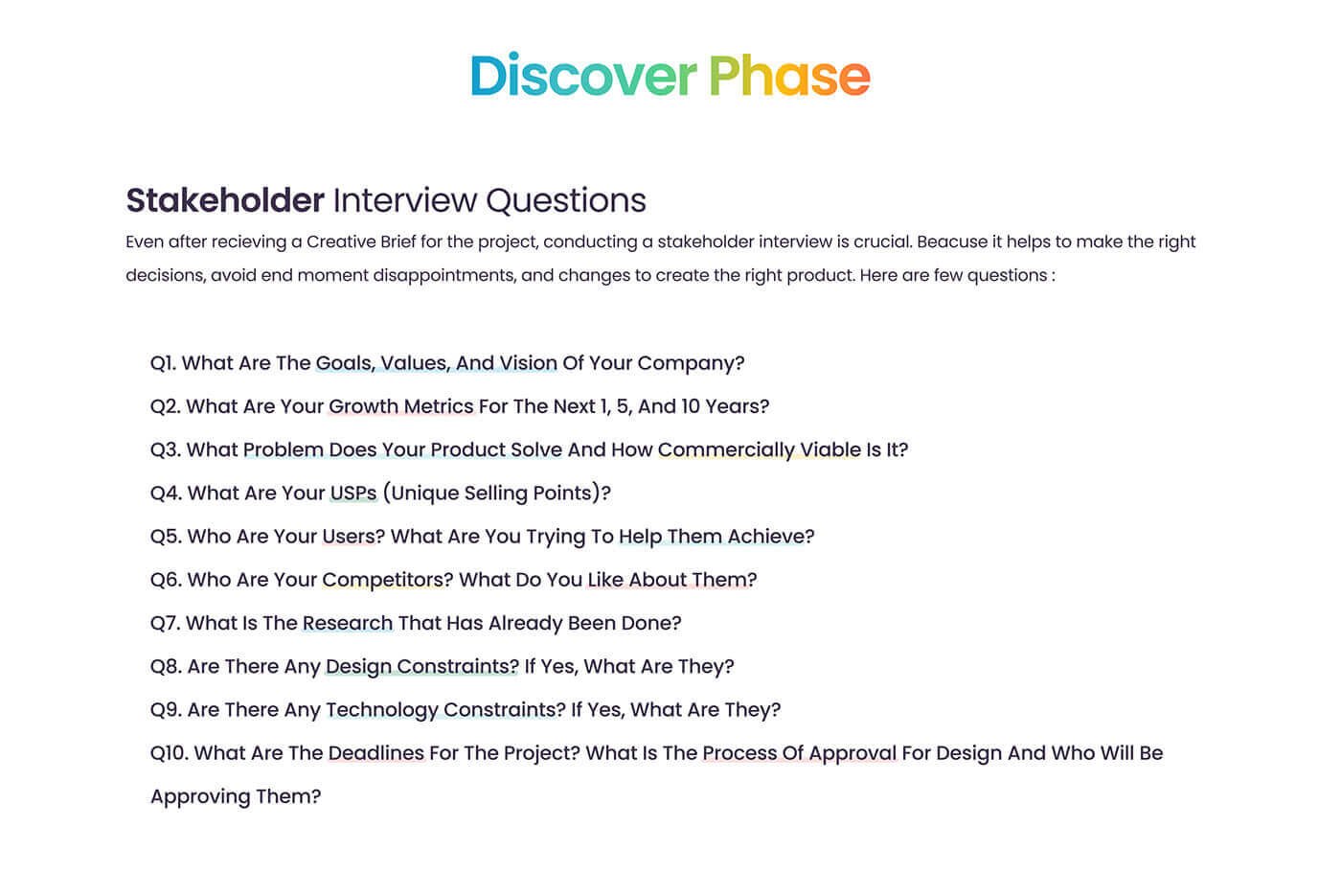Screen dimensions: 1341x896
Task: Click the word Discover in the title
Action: tap(583, 76)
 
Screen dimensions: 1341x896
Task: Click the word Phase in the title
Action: tap(789, 76)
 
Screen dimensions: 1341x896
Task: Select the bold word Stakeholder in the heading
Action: tap(225, 200)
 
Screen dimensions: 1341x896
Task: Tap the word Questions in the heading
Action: tap(566, 200)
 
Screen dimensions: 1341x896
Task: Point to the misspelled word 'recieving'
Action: tap(249, 241)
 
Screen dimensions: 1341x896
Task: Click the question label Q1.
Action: tap(163, 363)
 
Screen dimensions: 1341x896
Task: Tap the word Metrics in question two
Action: tap(439, 406)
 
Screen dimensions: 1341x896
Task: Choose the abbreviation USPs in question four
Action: tap(353, 494)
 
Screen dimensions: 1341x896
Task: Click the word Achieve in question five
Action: tap(765, 537)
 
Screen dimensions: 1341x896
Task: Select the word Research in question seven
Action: tap(348, 624)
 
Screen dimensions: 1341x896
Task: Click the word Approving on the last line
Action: tap(200, 797)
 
